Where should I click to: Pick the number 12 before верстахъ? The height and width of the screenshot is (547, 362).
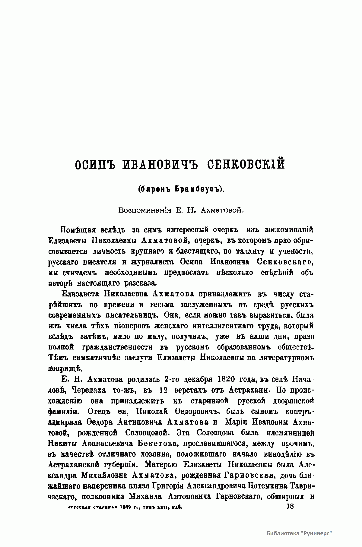click(163, 390)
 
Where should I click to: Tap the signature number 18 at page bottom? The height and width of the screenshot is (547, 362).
click(290, 506)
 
